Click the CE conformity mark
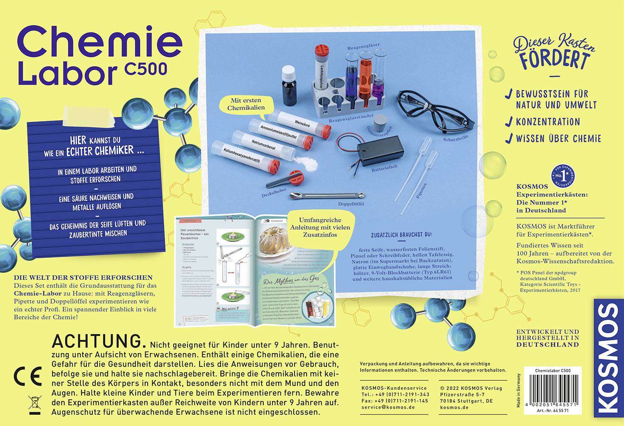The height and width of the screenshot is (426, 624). (28, 376)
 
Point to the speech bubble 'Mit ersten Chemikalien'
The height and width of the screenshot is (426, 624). (246, 104)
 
